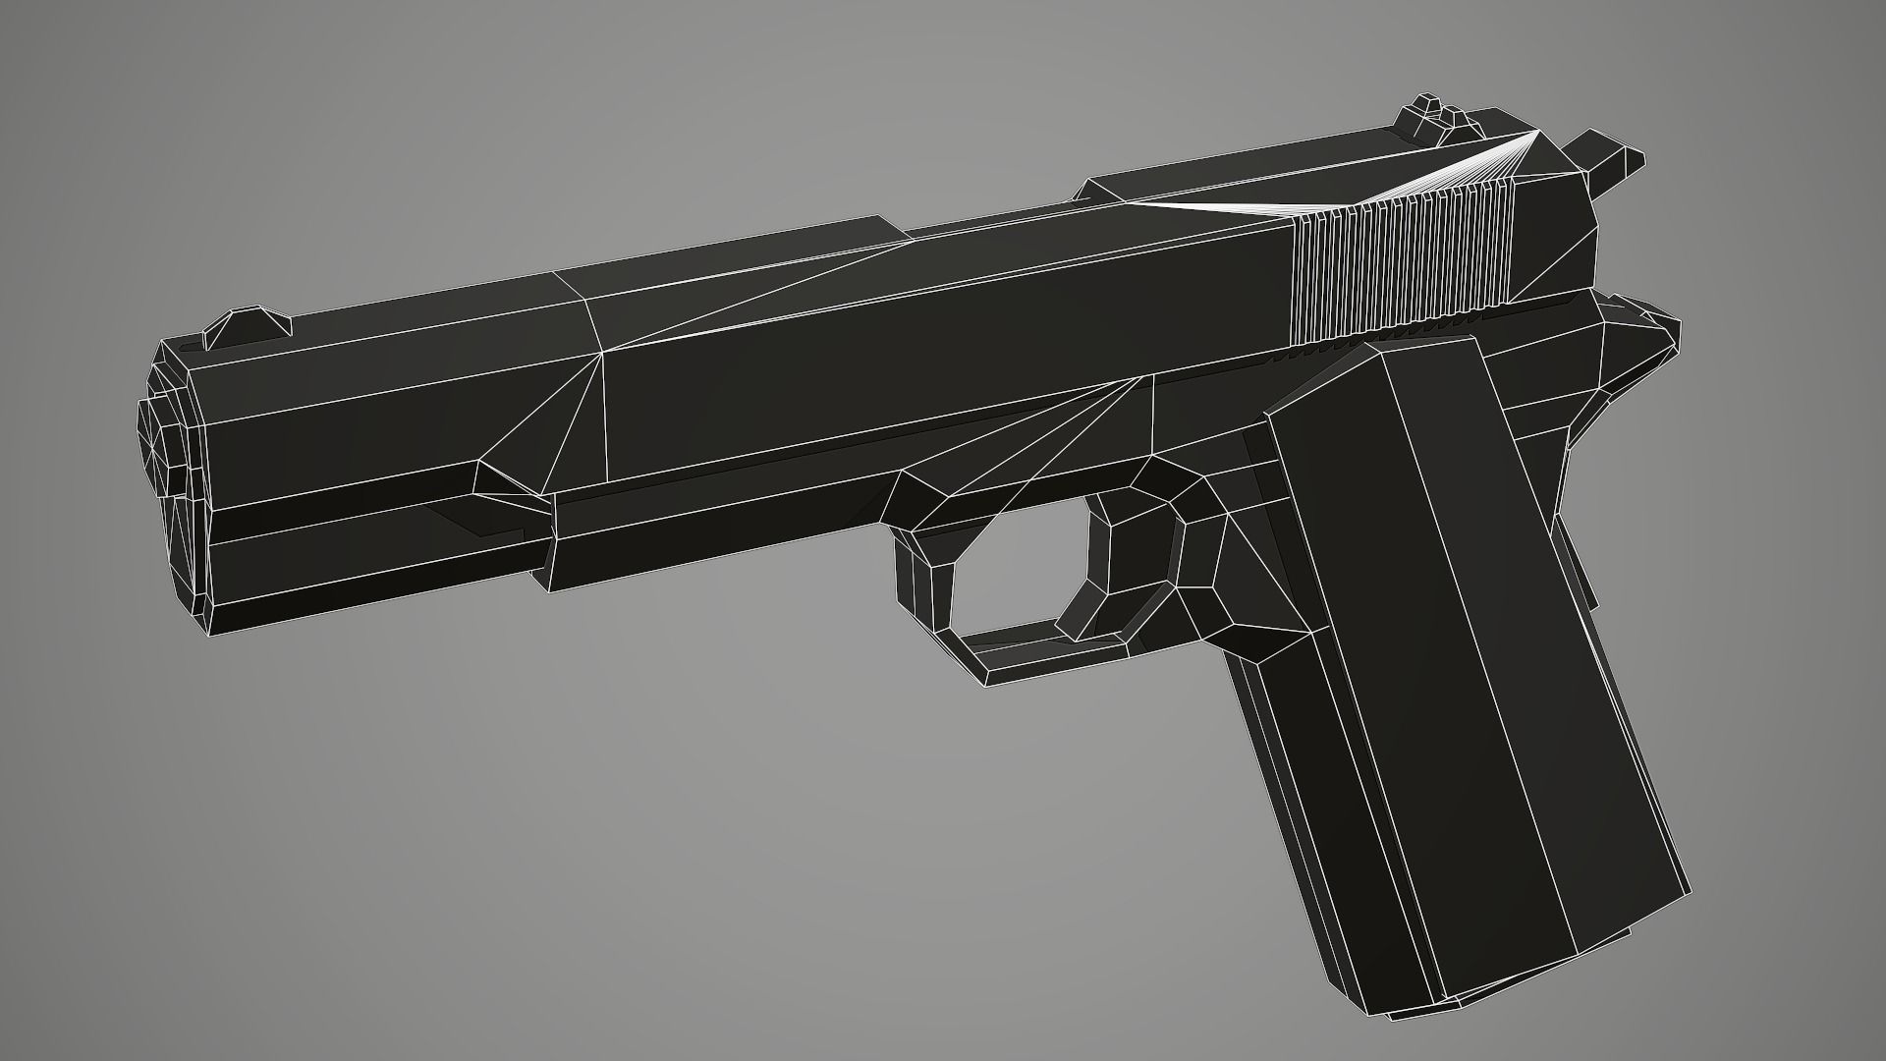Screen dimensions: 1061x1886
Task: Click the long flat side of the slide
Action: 933,373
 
